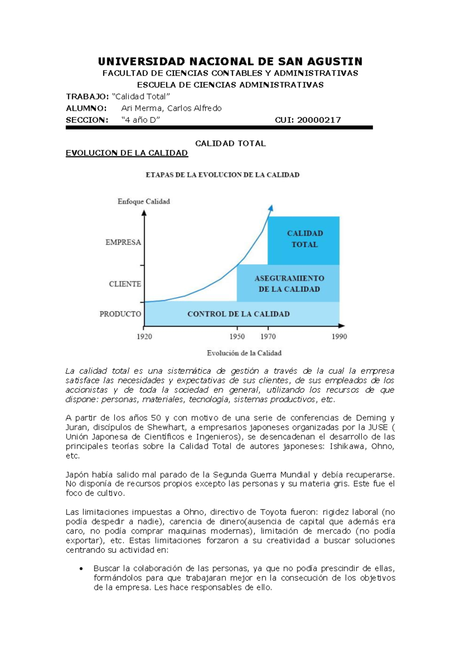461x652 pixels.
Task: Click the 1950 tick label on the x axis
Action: tap(237, 337)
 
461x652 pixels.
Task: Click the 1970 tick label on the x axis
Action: tap(268, 337)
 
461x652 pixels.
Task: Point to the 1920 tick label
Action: tap(144, 337)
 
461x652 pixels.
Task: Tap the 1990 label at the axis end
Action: tap(339, 337)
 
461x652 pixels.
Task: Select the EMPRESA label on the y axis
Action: tap(123, 242)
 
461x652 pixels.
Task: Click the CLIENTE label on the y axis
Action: tap(125, 284)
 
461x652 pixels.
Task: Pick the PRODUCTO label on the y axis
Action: tap(120, 314)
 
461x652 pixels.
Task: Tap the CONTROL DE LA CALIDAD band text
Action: tap(239, 314)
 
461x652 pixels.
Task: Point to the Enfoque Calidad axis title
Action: tap(144, 201)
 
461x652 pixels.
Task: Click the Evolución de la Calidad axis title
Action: tap(244, 353)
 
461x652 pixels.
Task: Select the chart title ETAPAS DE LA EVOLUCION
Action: tap(222, 175)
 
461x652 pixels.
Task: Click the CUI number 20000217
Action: tap(319, 120)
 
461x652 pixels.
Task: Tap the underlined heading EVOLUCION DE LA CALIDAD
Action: tap(127, 153)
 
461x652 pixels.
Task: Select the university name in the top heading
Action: tap(230, 62)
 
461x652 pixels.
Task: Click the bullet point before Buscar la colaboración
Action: tap(81, 569)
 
